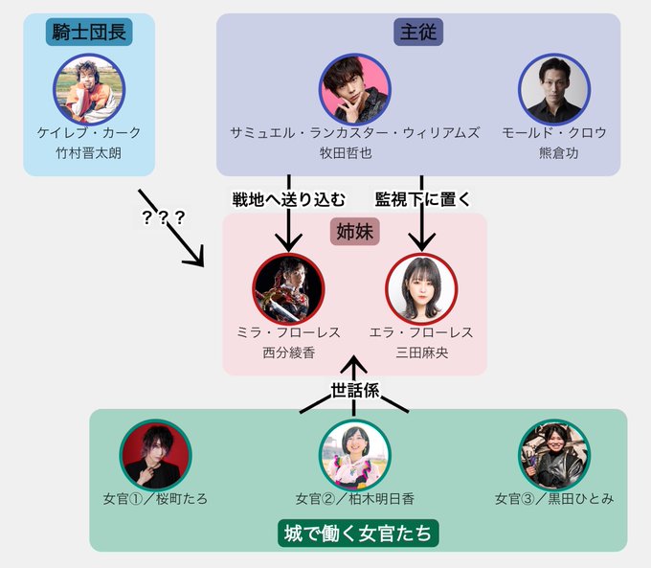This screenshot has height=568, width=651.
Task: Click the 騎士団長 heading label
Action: point(89,33)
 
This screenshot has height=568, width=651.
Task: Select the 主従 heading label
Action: point(418,33)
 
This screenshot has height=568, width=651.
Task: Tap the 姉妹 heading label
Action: point(355,233)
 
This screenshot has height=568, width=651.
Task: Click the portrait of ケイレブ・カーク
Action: point(89,88)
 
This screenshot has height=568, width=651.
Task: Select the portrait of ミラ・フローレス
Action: point(289,288)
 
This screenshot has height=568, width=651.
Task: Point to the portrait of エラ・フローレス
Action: point(421,288)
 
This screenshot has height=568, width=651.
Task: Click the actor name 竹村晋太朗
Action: point(89,153)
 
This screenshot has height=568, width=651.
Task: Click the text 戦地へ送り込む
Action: point(288,199)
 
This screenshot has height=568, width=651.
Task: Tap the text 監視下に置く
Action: point(422,199)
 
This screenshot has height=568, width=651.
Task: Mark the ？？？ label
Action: point(163,217)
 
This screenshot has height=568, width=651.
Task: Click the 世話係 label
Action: point(355,392)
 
